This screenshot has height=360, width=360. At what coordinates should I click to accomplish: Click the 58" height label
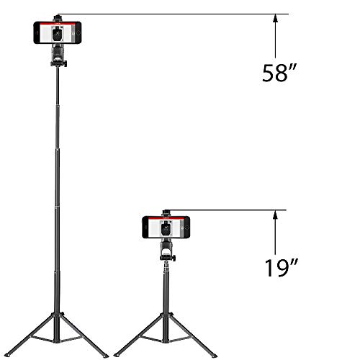pyautogui.click(x=279, y=73)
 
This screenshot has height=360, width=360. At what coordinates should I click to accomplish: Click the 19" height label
pyautogui.click(x=282, y=268)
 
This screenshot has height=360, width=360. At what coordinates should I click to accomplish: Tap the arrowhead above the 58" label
pyautogui.click(x=275, y=19)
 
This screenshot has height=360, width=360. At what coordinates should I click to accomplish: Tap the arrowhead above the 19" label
pyautogui.click(x=275, y=215)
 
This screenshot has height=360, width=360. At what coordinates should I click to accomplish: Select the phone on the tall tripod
pyautogui.click(x=58, y=32)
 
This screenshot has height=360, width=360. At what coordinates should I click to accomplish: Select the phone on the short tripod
pyautogui.click(x=166, y=228)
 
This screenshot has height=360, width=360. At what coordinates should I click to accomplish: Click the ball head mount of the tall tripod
pyautogui.click(x=58, y=56)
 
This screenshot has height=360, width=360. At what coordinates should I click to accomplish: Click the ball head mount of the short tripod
pyautogui.click(x=167, y=251)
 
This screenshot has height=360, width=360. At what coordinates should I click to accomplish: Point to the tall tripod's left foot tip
pyautogui.click(x=7, y=355)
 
